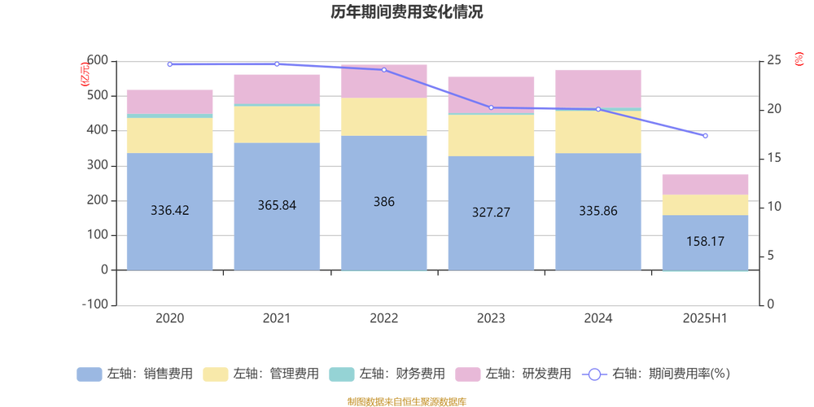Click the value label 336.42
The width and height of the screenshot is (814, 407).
click(x=170, y=210)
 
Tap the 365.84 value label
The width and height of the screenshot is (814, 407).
click(x=277, y=205)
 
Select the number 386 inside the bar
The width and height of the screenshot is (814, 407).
click(x=383, y=201)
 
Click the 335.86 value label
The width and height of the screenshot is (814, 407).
click(x=597, y=210)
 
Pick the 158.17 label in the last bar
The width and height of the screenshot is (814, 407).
click(x=705, y=242)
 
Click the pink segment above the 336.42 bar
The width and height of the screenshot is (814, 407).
click(x=170, y=102)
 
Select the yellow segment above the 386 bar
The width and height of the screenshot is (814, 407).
click(x=383, y=116)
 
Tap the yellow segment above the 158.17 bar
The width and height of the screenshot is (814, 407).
click(x=705, y=205)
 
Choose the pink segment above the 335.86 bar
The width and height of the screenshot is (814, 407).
click(x=597, y=88)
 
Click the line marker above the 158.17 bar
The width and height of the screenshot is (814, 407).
click(x=706, y=137)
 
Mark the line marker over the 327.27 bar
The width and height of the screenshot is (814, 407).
click(x=491, y=107)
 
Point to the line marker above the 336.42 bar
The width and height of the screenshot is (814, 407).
click(x=169, y=65)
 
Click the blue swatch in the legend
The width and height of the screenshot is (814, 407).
click(x=89, y=374)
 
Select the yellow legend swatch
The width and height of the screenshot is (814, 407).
click(x=215, y=374)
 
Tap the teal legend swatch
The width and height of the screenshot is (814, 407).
click(x=340, y=374)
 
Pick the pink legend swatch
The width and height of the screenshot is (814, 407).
click(x=466, y=374)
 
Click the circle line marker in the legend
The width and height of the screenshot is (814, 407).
click(x=594, y=374)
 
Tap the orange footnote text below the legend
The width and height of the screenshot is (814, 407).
click(x=406, y=400)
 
